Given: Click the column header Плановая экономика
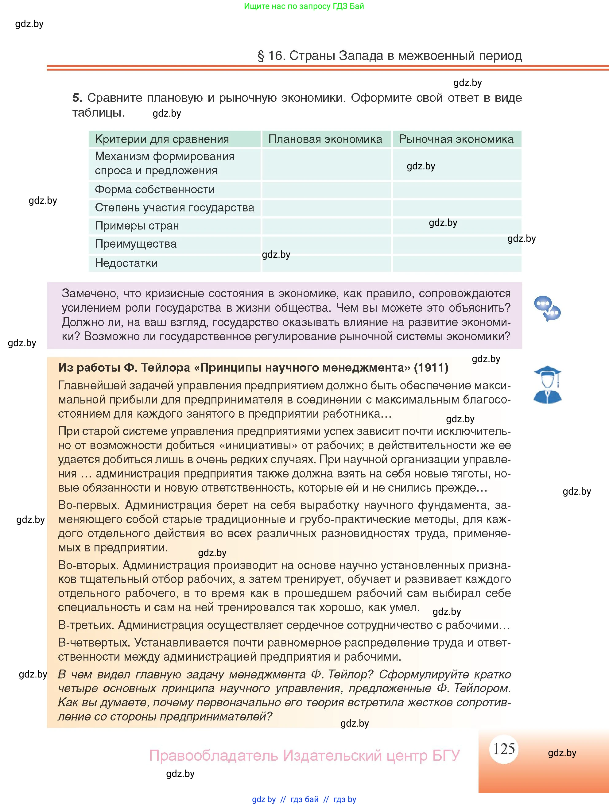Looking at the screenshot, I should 325,139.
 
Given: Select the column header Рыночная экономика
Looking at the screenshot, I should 456,139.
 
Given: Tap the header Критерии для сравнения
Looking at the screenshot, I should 162,139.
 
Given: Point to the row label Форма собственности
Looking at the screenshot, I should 155,190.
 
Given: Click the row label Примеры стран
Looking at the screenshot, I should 137,226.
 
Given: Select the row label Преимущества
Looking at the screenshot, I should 135,244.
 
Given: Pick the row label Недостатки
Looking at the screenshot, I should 126,263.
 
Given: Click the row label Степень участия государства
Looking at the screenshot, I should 174,208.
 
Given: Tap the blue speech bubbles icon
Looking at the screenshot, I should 547,308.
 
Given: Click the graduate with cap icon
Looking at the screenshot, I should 547,384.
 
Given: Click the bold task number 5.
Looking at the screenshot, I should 77,98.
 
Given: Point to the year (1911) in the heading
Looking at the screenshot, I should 431,367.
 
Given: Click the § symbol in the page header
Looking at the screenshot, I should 261,56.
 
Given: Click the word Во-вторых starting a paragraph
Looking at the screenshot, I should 88,565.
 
